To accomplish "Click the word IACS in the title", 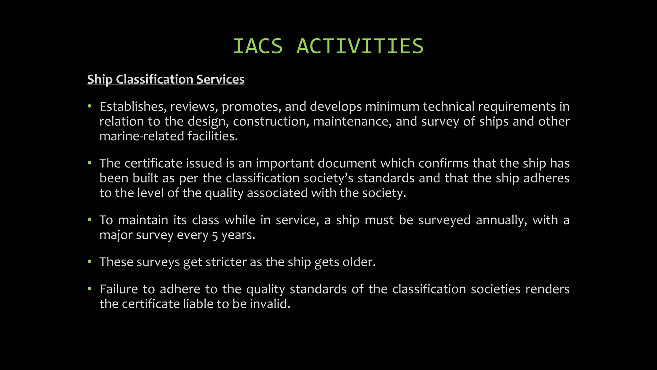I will [x=258, y=46].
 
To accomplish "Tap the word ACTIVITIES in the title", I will [x=360, y=46].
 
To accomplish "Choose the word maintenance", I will [x=352, y=121].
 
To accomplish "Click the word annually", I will [x=501, y=220].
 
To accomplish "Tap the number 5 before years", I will [x=215, y=235].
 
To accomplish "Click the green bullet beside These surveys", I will [x=90, y=262].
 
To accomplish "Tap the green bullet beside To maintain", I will [x=90, y=220].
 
